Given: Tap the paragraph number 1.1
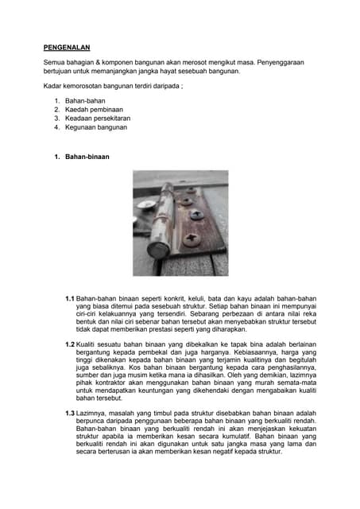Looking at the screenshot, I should [70, 298].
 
